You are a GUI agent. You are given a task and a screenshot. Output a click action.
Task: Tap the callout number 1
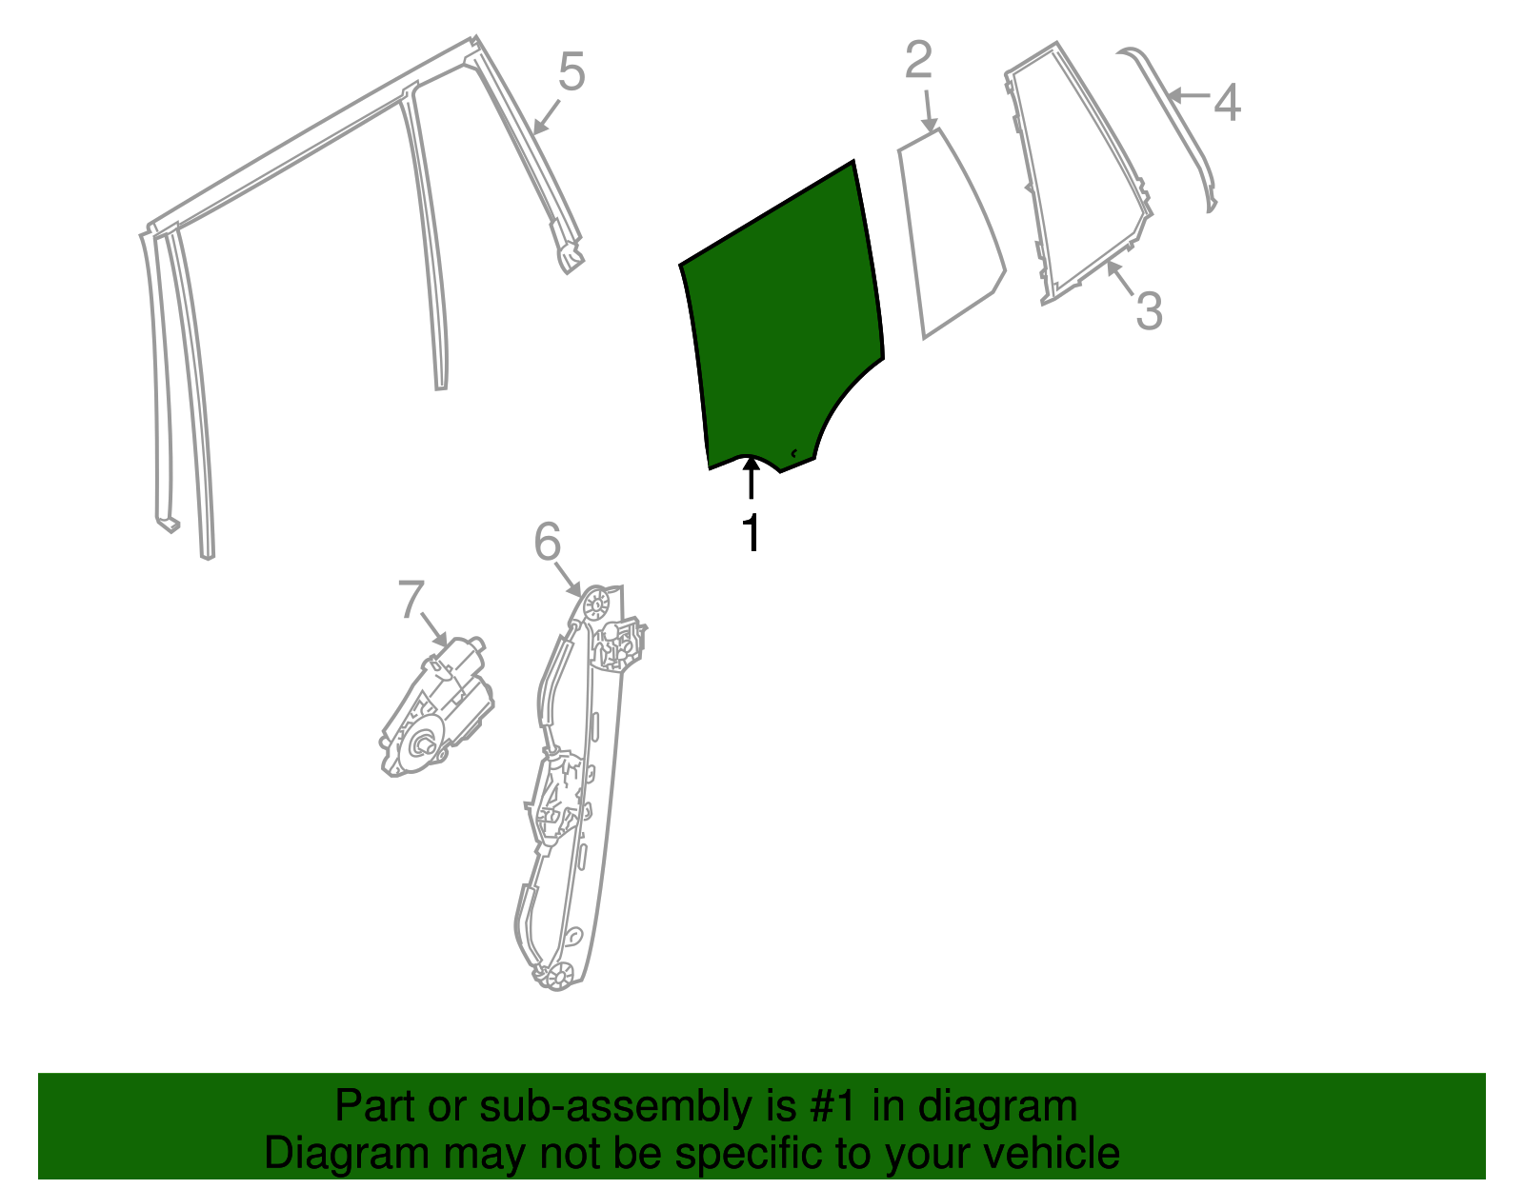coord(752,532)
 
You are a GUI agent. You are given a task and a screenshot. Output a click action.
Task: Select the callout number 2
coord(918,60)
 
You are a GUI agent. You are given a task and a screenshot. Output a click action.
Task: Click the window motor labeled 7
coord(436,706)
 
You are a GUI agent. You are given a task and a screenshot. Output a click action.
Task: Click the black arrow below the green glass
coord(752,478)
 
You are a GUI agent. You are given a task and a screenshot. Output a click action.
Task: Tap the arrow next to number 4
coord(1189,94)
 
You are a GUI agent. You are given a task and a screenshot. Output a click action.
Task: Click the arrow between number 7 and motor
coord(433,629)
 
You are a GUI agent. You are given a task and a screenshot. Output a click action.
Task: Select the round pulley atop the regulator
coord(596,604)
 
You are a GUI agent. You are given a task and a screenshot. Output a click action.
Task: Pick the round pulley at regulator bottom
coord(560,975)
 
